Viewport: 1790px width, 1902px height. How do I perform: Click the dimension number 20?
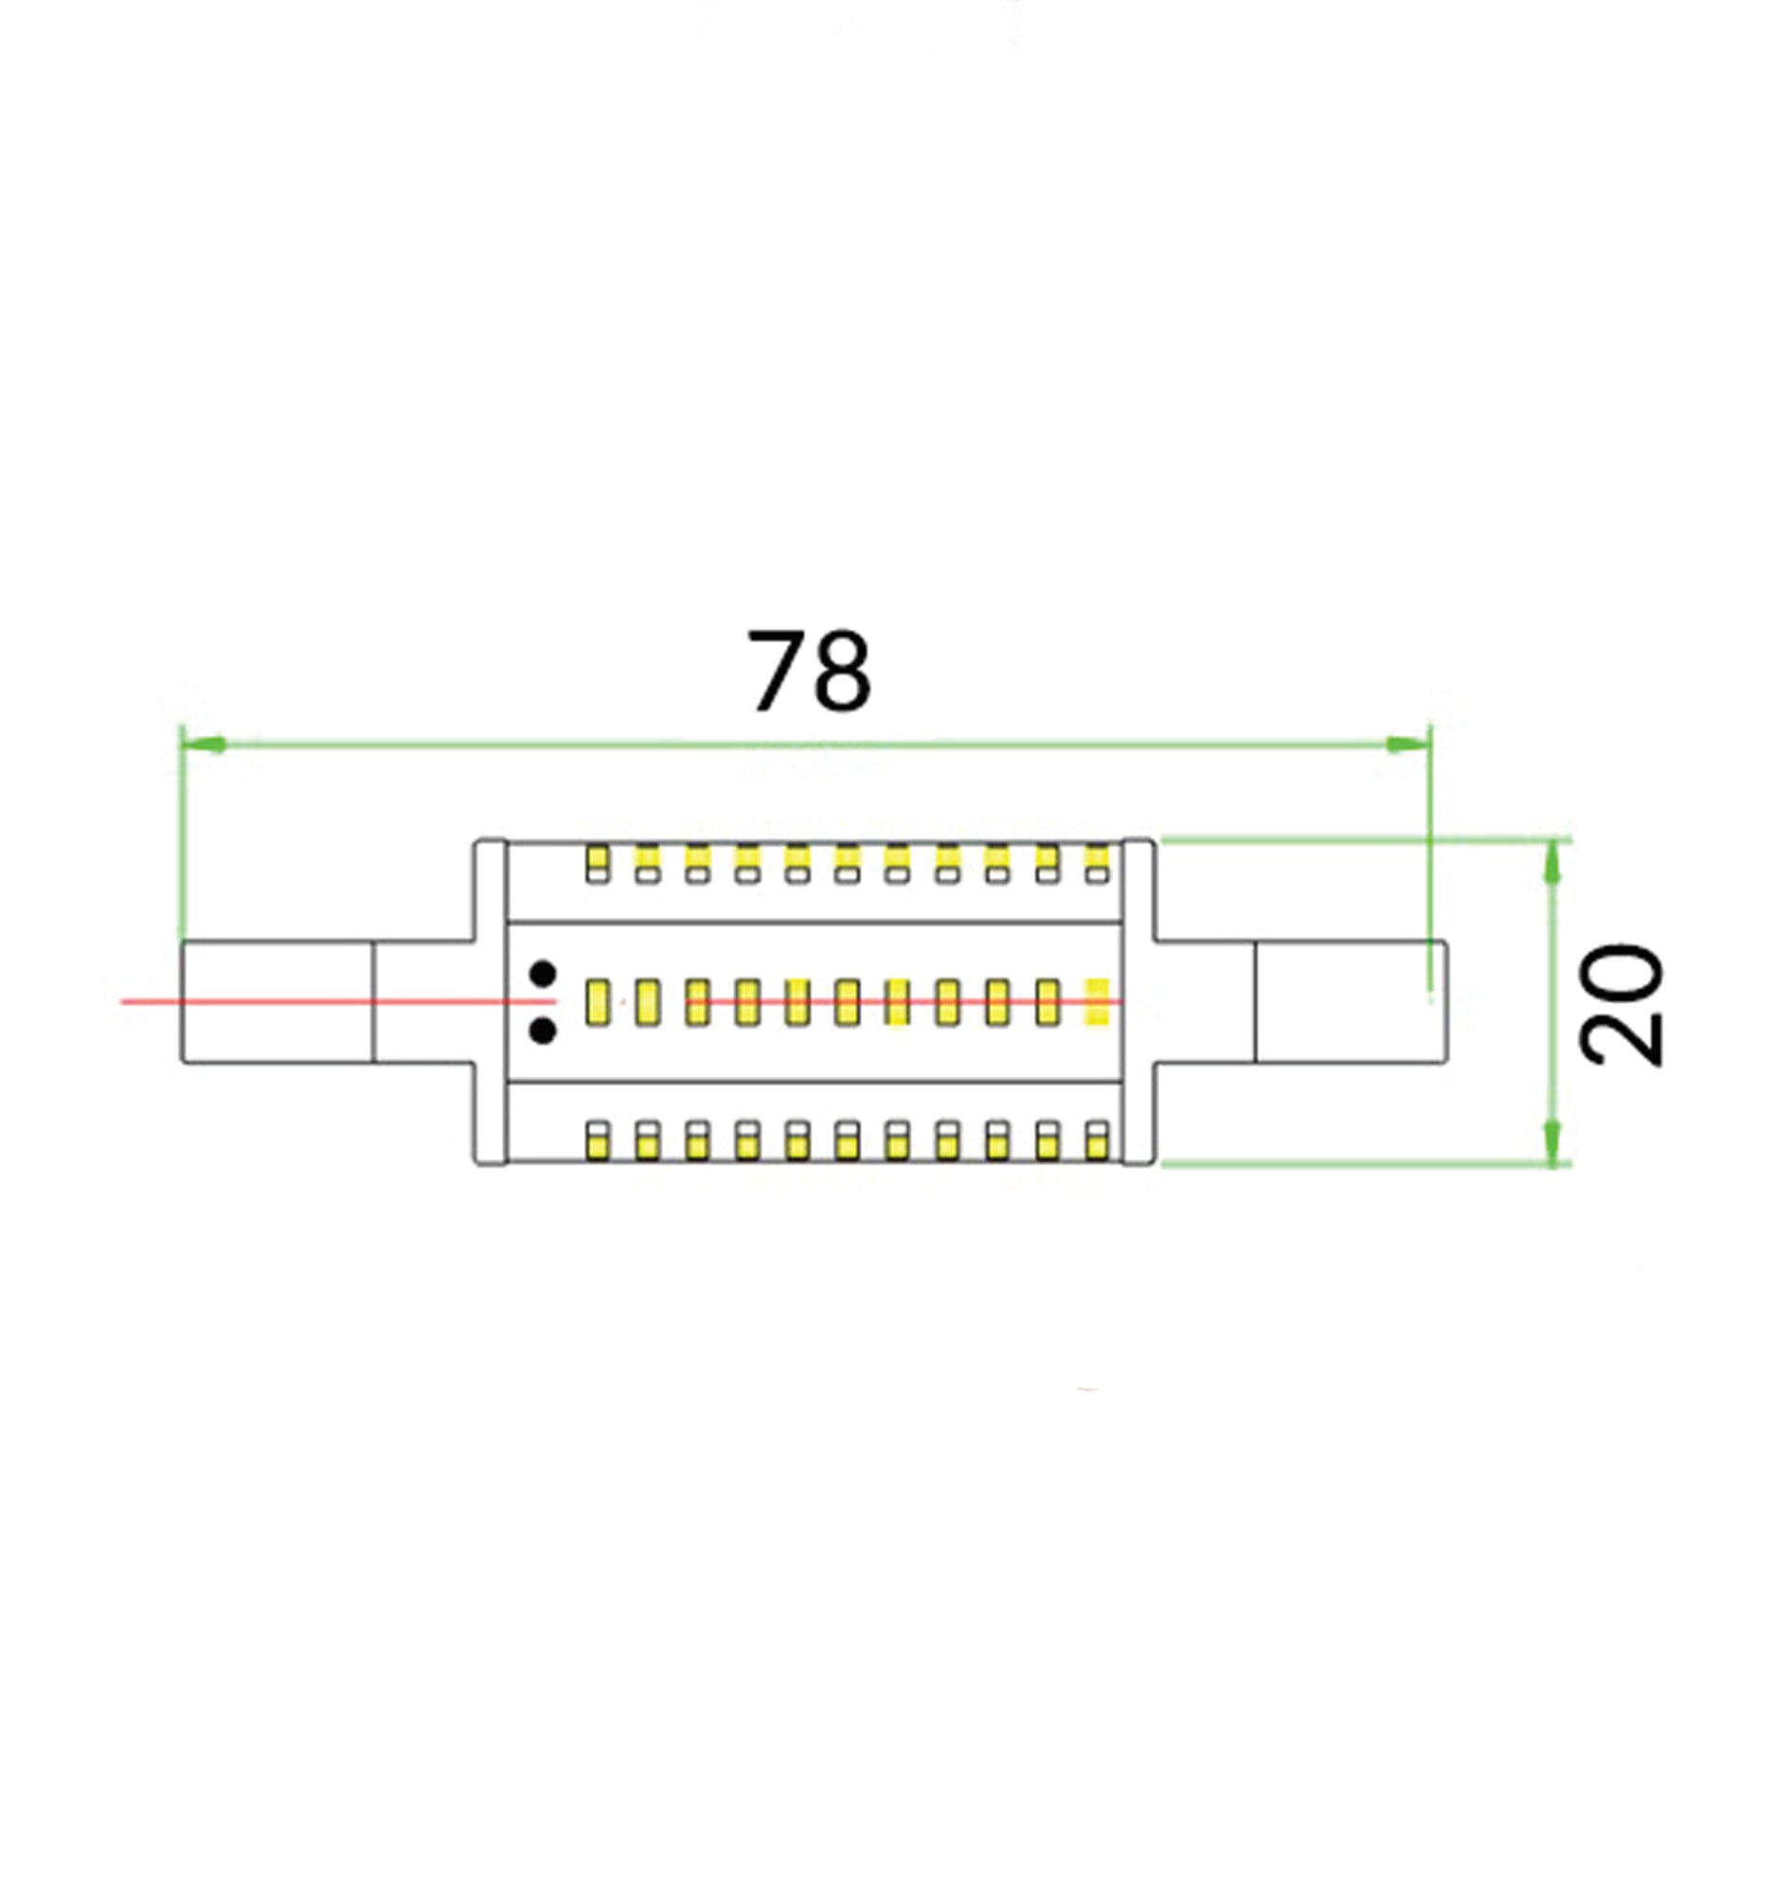click(x=1621, y=1004)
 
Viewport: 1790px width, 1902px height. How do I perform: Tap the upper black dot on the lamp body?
click(x=544, y=974)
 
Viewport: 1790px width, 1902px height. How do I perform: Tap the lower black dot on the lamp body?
click(x=544, y=1031)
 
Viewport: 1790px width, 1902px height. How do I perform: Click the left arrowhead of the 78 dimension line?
click(x=203, y=745)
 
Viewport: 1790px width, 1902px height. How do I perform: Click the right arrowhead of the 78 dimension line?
click(x=1409, y=745)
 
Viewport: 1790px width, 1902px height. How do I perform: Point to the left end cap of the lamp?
click(x=277, y=1003)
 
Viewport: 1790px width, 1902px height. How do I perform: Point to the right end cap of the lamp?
click(x=1350, y=1003)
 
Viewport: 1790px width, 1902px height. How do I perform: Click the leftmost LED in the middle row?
click(x=598, y=1003)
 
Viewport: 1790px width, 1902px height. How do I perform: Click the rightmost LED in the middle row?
click(x=1097, y=1003)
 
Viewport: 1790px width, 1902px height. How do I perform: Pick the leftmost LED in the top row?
click(x=598, y=864)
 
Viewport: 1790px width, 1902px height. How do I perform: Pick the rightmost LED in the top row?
click(x=1097, y=864)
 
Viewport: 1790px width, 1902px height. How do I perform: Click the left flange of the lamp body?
click(x=490, y=1002)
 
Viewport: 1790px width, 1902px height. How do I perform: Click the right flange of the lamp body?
click(x=1137, y=1002)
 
